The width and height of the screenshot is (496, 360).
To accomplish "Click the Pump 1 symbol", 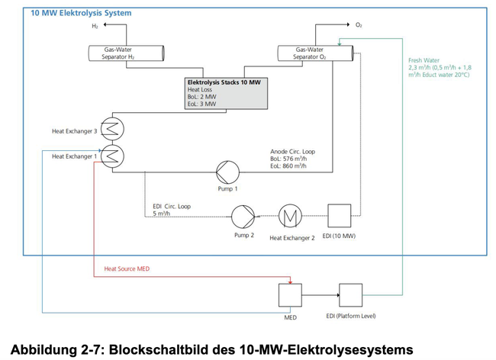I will [227, 172].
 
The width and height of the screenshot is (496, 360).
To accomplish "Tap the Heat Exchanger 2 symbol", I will [291, 216].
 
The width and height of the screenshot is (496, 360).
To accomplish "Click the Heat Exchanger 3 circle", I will [111, 130].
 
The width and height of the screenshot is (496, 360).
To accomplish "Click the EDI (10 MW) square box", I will [339, 216].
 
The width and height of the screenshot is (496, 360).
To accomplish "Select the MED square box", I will [290, 294].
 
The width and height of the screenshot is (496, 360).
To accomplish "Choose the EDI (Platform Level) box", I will [351, 294].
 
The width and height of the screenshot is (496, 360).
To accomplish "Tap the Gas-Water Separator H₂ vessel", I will [125, 53].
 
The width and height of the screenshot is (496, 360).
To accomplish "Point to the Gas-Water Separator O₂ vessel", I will [315, 53].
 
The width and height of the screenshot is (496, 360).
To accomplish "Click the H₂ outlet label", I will [95, 25].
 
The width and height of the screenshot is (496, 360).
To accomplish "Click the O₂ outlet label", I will [359, 25].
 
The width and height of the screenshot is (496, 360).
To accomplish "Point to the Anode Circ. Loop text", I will [292, 152].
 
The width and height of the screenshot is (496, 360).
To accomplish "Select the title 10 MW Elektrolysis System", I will [81, 13].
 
